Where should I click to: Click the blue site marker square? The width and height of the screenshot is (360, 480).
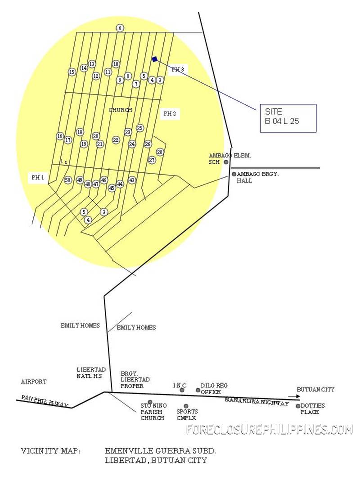coord(155,59)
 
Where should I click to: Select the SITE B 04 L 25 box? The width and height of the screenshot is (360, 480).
coord(288,118)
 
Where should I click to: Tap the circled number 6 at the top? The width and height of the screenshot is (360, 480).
coord(120,28)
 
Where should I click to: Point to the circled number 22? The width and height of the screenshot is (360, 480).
coord(116,140)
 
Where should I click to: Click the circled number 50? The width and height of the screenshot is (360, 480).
coord(68,180)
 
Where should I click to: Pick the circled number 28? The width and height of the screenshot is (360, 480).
coord(160,152)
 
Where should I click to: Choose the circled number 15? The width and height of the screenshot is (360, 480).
coord(72,72)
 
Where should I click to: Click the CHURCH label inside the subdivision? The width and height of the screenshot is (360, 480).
coord(120,110)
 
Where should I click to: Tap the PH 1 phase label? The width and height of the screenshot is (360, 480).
coord(38,178)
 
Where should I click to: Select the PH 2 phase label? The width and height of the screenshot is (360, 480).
coord(170,113)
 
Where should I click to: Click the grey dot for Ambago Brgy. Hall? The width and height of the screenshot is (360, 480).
coord(234,174)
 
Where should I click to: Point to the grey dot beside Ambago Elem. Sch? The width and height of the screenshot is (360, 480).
coord(226,162)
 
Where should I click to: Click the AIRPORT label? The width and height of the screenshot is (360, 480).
coord(34,381)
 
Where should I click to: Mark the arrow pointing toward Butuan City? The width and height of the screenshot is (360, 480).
coord(294,396)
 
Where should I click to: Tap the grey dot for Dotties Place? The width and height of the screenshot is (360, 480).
coord(298,406)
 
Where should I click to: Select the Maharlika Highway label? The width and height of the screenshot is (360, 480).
coord(257,402)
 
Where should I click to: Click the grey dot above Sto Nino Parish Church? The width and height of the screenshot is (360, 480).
coord(150,402)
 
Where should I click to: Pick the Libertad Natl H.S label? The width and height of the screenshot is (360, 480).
coord(91,373)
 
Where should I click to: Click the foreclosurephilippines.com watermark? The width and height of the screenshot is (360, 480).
coord(270,429)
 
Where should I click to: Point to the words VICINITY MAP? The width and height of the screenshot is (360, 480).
coord(50,451)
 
